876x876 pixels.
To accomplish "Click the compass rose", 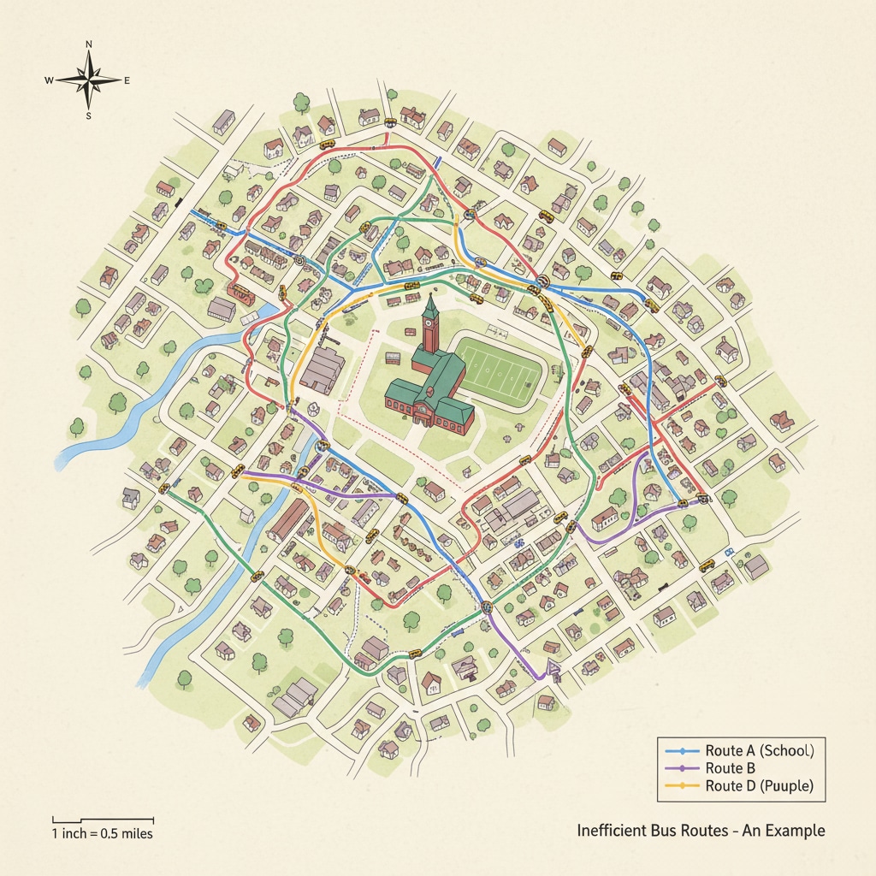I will click(x=88, y=80).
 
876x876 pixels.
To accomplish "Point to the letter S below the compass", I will click(x=88, y=116).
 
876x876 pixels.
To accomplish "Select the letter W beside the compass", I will click(x=50, y=80).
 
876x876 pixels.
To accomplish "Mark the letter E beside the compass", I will click(x=127, y=80).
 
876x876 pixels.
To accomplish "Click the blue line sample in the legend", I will click(x=683, y=750).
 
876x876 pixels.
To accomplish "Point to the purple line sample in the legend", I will click(x=683, y=768).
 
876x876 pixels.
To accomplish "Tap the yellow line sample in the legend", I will click(x=683, y=786).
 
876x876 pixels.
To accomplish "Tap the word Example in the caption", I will click(x=791, y=831).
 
